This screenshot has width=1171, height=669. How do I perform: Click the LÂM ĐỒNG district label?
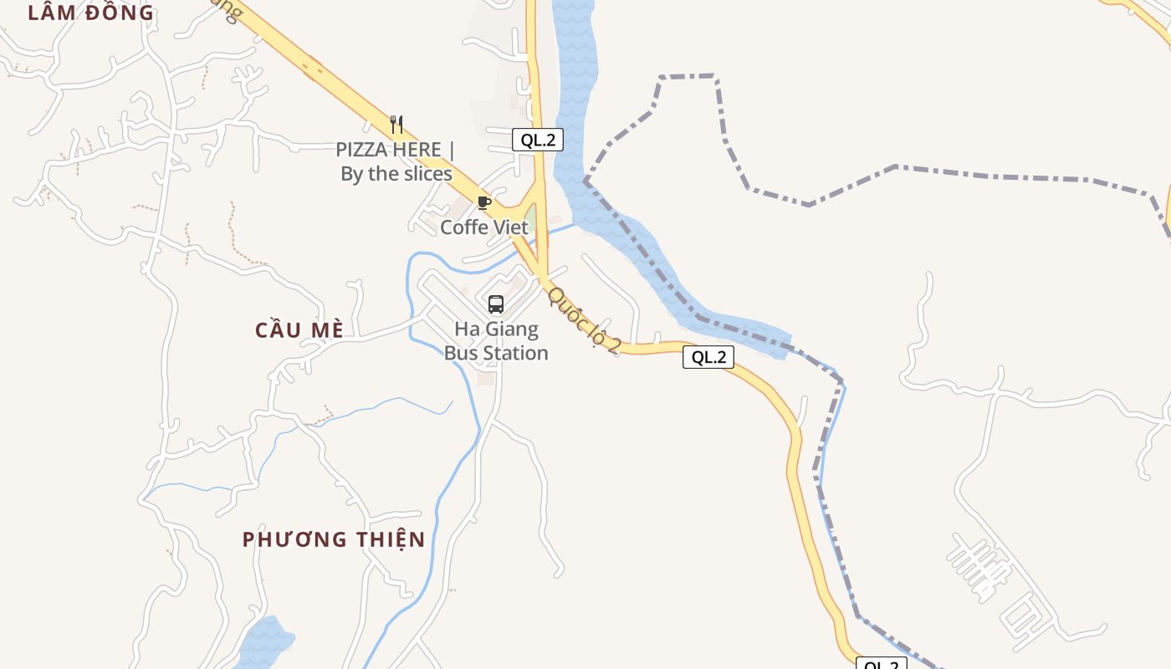[x=91, y=13]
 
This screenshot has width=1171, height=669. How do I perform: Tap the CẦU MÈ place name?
[x=299, y=330]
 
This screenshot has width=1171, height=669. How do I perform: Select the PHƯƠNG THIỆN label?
[x=334, y=539]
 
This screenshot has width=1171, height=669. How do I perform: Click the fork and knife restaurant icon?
[x=396, y=125]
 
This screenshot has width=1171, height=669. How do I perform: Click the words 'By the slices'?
[x=396, y=174]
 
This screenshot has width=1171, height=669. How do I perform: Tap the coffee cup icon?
[x=483, y=202]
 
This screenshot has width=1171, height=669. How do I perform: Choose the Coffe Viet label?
[x=484, y=227]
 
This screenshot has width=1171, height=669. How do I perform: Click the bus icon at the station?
[x=496, y=304]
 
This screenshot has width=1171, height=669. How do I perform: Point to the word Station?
[x=515, y=353]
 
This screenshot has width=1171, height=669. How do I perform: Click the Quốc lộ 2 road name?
[x=584, y=321]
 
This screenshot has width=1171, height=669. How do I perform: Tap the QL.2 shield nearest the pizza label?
[x=538, y=140]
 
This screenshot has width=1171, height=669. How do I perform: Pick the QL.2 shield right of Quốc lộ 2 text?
[x=708, y=357]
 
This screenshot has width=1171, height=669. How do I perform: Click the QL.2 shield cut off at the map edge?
[x=882, y=664]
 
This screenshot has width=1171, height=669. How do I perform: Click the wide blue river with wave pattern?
[x=575, y=100]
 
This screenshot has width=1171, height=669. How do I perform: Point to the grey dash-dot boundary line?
[x=987, y=174]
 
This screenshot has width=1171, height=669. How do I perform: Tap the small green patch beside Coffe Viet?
[x=529, y=215]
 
